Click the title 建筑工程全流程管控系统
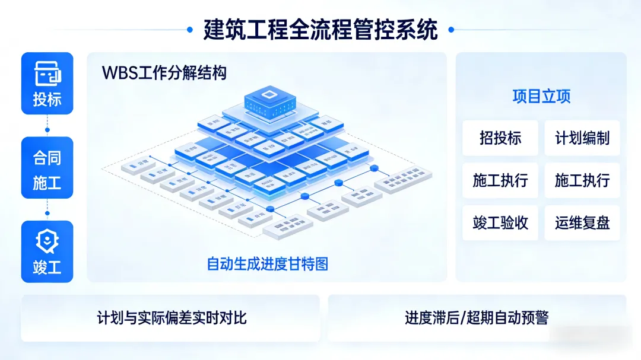320,29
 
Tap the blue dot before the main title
190,29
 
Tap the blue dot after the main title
451,29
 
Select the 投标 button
47,83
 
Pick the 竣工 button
47,251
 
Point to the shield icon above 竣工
47,241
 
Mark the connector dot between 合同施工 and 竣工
47,213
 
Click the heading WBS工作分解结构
164,73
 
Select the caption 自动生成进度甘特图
267,264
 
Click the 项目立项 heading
541,97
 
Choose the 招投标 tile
500,138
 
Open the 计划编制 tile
582,138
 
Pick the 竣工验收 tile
500,223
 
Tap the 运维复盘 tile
582,223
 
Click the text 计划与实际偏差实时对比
172,318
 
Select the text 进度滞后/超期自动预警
477,318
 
